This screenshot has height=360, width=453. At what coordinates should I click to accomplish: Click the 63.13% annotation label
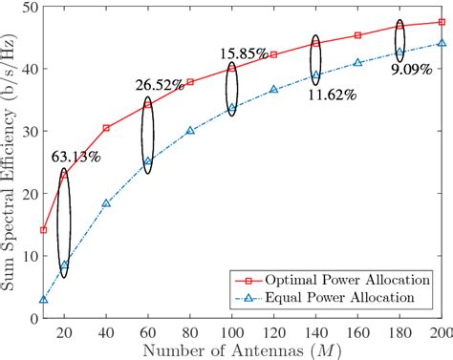pos(77,158)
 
